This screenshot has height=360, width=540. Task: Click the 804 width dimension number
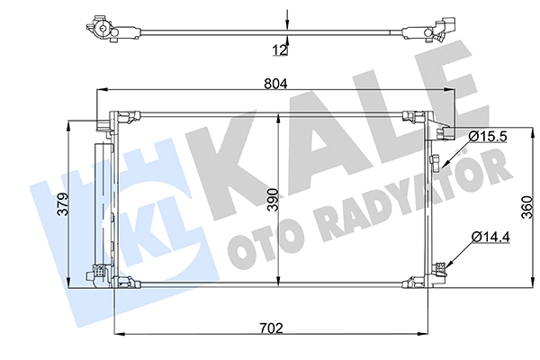point(275,84)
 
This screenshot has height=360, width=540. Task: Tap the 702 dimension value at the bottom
point(271,328)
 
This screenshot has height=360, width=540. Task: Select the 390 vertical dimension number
point(274,200)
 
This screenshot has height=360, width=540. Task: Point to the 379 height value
point(63,204)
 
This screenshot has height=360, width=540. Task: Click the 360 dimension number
point(527,207)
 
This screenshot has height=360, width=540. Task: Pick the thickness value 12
point(280,50)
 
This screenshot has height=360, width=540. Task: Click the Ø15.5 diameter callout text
point(488,137)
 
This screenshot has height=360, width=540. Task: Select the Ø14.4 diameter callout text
point(491,237)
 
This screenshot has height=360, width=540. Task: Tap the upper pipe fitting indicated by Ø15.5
point(436,162)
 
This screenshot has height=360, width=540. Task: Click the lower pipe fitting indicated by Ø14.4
point(439,269)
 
